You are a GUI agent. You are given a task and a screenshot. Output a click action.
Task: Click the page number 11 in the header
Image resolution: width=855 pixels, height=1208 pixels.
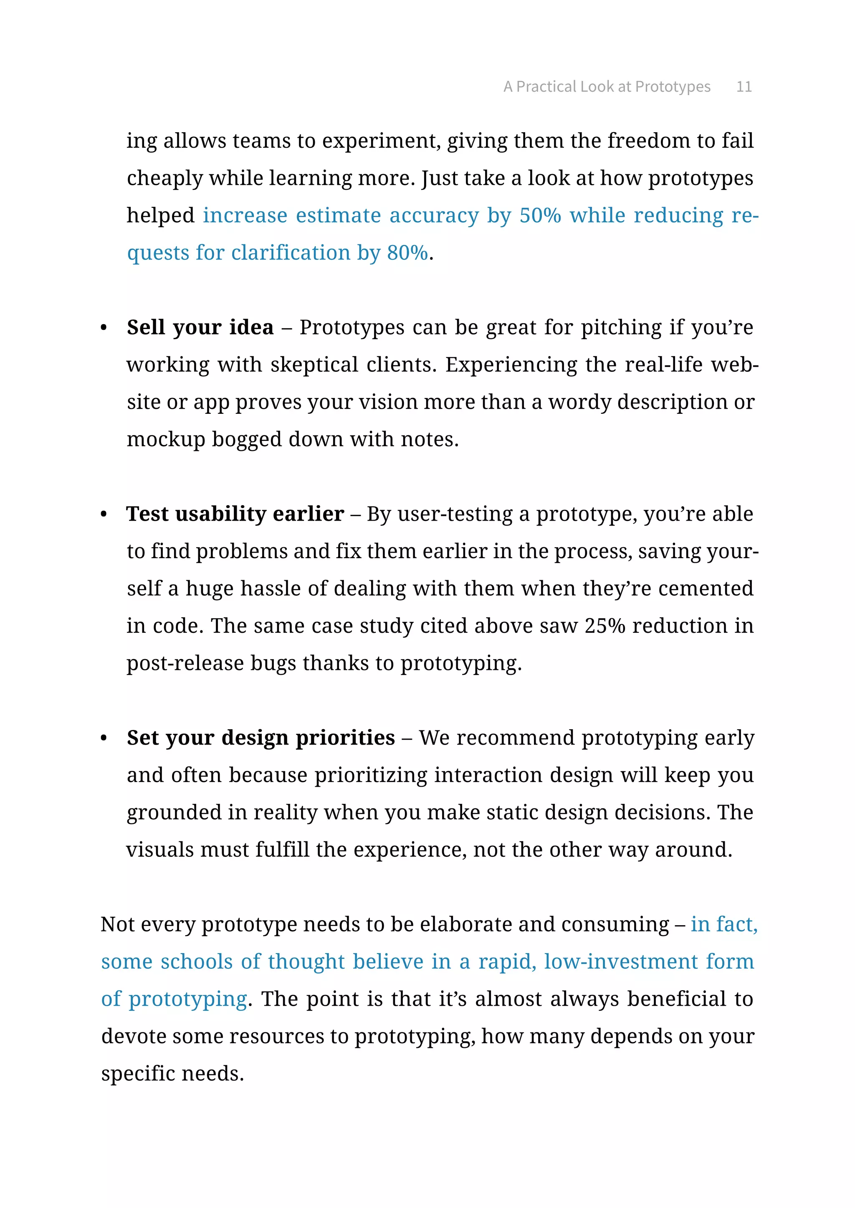tap(744, 87)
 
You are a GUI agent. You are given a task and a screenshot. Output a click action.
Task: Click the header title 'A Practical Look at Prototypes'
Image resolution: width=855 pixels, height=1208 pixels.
tap(607, 87)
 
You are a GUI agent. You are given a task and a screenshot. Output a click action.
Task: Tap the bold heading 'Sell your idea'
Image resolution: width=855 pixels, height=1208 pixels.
tap(200, 328)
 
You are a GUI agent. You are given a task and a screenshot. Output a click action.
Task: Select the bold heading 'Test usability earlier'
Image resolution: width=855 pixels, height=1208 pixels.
tap(235, 514)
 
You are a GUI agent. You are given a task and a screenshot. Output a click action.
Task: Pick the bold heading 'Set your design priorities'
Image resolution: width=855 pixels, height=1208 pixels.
tap(261, 737)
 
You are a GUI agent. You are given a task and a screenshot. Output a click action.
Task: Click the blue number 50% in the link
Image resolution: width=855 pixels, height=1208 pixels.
tap(540, 216)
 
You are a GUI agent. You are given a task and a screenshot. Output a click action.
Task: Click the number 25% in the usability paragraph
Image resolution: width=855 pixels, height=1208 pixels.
tap(605, 626)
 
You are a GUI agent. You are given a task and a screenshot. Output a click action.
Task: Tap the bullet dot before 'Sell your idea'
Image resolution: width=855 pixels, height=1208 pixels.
tap(104, 328)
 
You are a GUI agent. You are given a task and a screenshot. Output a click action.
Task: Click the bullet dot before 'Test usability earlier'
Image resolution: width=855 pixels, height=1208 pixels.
tap(104, 515)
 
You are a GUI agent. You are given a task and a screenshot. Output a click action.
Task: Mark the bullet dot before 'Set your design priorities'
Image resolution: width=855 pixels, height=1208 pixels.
tap(104, 739)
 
